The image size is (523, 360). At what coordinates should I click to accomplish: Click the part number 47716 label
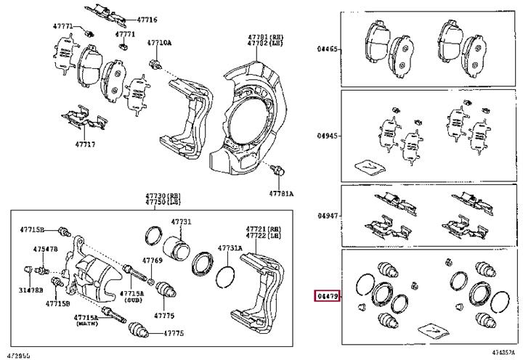pos(148,20)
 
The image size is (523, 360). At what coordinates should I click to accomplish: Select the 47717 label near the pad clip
pos(85,144)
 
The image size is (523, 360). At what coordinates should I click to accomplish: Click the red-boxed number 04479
pos(326,296)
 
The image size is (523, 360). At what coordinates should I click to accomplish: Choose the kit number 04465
pos(327,50)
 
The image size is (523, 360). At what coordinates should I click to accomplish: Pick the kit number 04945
pos(327,135)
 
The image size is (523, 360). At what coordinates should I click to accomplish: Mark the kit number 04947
pos(327,216)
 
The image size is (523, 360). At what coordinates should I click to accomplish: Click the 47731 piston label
pos(181,221)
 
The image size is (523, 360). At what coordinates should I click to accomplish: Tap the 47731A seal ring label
pos(231,248)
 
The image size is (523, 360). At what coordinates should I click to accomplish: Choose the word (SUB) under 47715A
pos(133,299)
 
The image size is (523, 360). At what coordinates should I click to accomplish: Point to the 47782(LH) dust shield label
pos(262,44)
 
